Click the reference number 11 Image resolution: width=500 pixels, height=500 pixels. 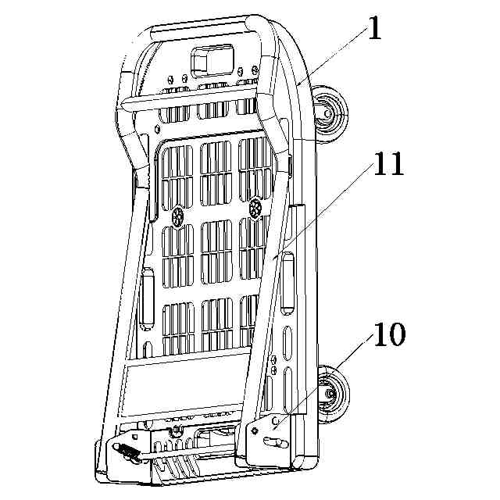coord(387,164)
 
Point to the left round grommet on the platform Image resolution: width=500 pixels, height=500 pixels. coord(178,212)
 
